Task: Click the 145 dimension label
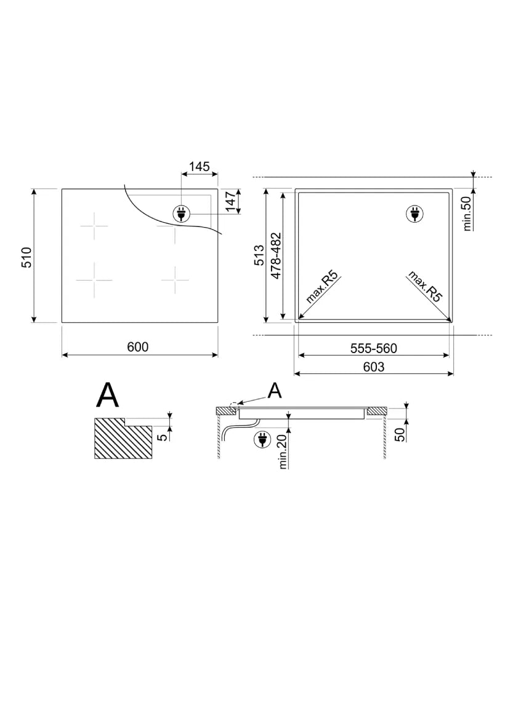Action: pyautogui.click(x=200, y=167)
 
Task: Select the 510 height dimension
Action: pyautogui.click(x=27, y=257)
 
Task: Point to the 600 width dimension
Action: pyautogui.click(x=138, y=347)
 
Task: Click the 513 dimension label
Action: pyautogui.click(x=259, y=255)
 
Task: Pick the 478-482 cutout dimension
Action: pyautogui.click(x=275, y=255)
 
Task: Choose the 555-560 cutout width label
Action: pyautogui.click(x=374, y=348)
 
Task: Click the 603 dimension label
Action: pyautogui.click(x=374, y=367)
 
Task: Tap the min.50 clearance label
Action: pyautogui.click(x=467, y=214)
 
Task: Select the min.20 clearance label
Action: pyautogui.click(x=283, y=452)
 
